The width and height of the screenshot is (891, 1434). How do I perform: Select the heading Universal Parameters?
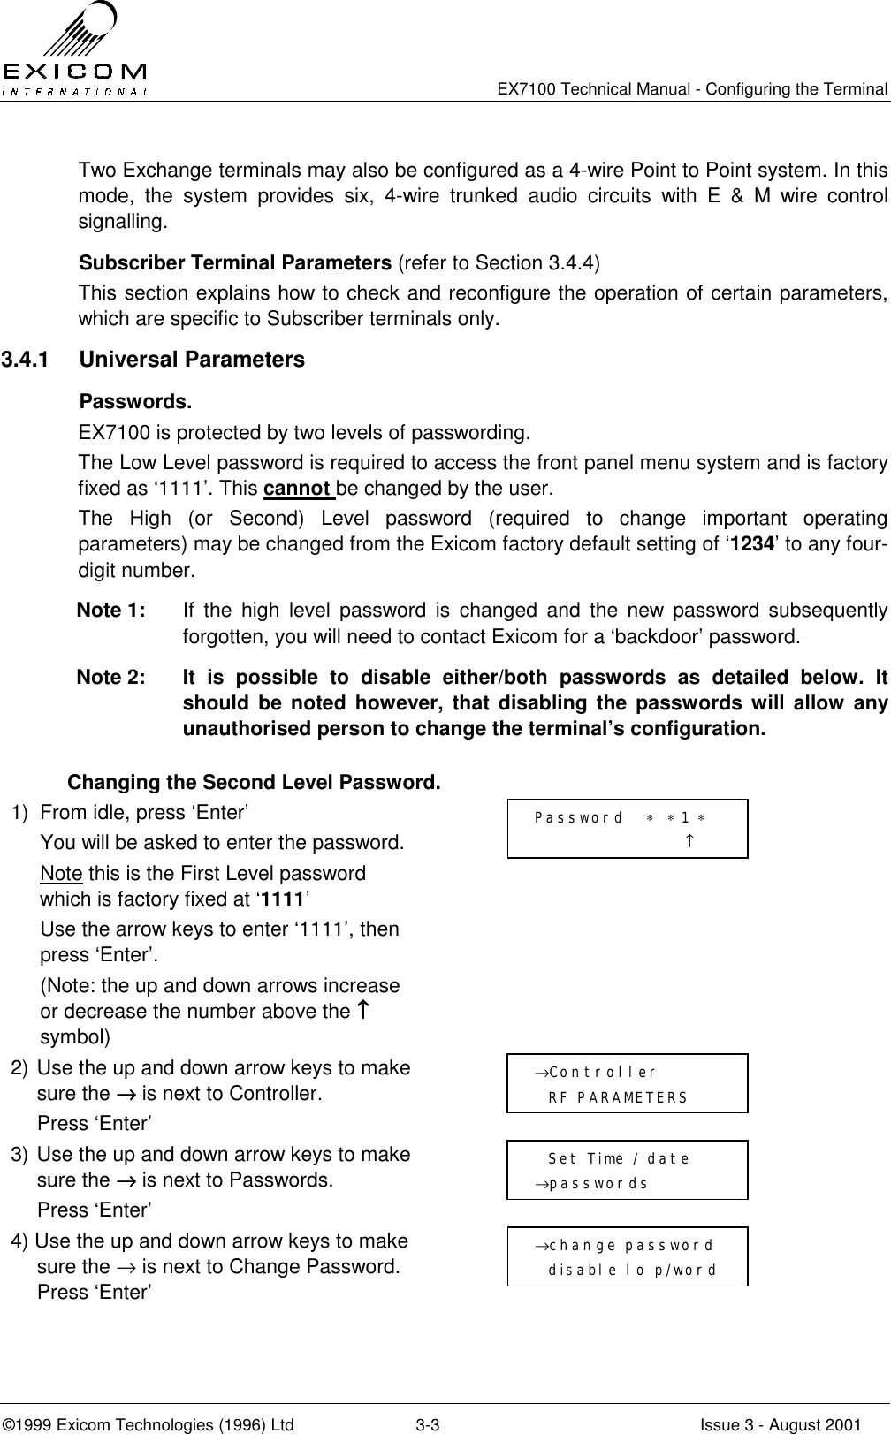[x=192, y=360]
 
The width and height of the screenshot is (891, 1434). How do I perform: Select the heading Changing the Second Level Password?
[x=255, y=783]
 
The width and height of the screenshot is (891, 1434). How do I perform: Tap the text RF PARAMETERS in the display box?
[x=618, y=1098]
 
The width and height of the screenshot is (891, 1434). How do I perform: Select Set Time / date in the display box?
[x=619, y=1159]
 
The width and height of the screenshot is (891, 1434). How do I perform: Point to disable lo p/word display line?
[x=632, y=1271]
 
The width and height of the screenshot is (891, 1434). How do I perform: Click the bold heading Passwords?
[x=135, y=403]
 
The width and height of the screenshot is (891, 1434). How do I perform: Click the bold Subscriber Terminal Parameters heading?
[x=236, y=263]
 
